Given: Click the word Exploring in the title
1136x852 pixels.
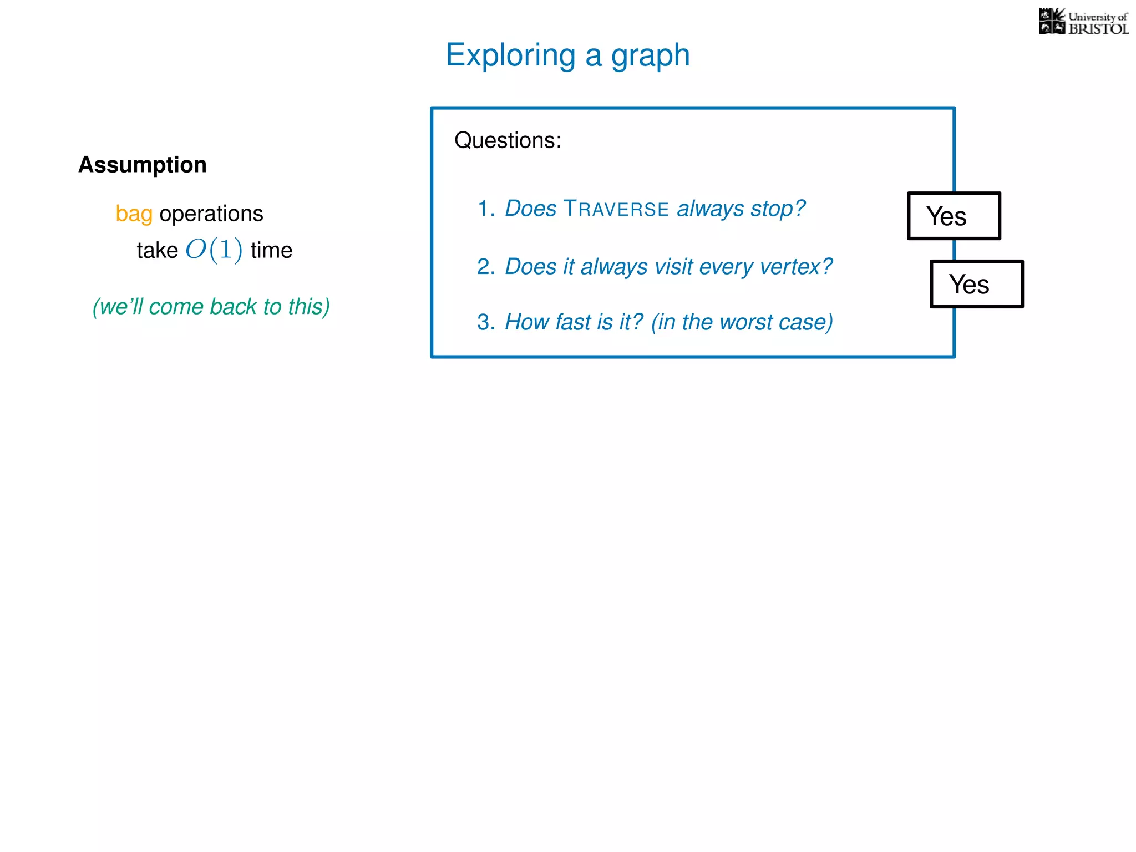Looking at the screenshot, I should click(510, 55).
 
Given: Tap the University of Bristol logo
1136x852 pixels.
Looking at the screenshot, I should click(1083, 22).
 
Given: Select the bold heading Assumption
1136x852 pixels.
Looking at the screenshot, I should click(143, 165).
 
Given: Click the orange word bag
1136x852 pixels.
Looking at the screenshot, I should click(134, 214).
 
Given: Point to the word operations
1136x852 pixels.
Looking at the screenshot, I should click(211, 214).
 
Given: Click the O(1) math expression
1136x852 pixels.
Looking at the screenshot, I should click(214, 250).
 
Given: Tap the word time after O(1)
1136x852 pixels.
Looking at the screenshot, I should click(271, 250).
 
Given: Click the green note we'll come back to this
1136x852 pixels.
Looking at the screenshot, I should click(211, 306).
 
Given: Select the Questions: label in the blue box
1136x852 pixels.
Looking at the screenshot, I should click(508, 140).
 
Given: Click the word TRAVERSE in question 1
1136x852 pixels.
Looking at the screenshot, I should click(616, 209).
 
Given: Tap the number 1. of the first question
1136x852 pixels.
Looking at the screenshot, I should click(486, 209).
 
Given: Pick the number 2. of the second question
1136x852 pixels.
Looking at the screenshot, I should click(486, 267).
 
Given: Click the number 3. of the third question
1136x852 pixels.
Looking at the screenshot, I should click(486, 322).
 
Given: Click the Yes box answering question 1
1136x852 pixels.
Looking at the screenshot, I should click(954, 216).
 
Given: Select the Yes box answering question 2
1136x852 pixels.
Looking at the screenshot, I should click(976, 284).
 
